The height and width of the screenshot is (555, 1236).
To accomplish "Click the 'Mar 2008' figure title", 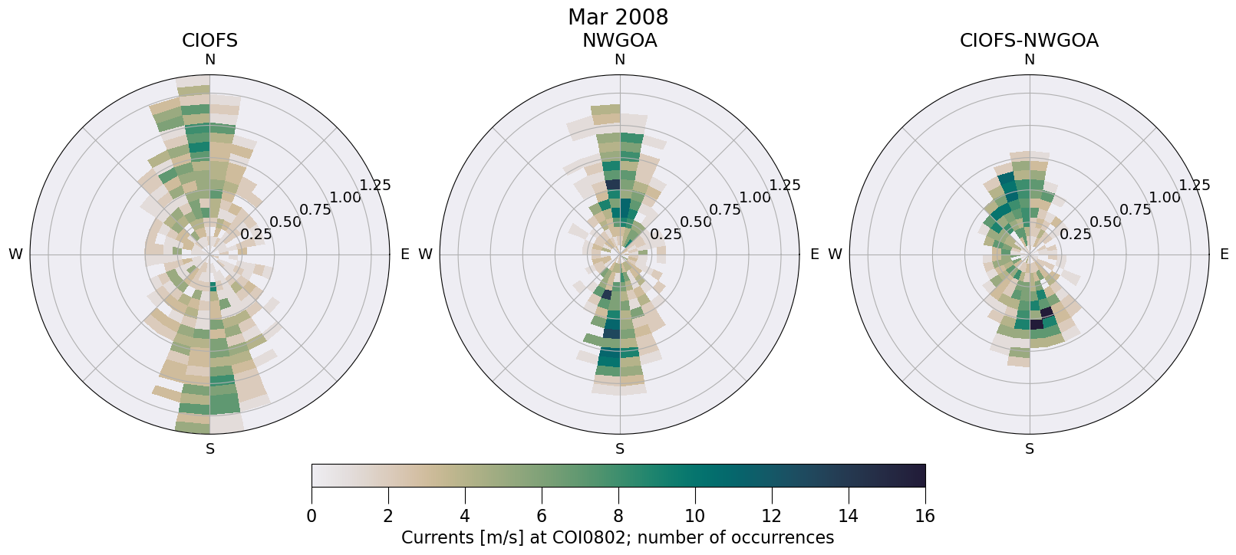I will coord(618,17).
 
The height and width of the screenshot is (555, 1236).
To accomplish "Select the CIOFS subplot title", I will coord(209,41).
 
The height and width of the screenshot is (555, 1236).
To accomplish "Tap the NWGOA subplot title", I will coord(619,41).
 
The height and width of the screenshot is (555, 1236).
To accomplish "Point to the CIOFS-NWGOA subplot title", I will coord(1029,41).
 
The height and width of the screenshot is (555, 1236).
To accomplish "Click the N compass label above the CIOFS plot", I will coord(209,60).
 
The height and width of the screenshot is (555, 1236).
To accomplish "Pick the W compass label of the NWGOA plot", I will coord(426,255).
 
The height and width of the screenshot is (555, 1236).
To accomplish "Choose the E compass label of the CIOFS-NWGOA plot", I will coord(1224,255).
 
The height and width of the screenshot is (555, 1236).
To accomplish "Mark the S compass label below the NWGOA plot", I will coord(619,449).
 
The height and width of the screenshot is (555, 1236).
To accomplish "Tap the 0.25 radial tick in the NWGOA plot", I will coord(665,235).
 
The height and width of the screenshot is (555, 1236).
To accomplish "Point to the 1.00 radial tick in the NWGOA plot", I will coord(755,197).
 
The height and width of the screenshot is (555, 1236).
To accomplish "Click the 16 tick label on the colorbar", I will coord(925,516).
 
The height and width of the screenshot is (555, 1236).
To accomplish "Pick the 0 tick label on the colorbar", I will coord(311,516).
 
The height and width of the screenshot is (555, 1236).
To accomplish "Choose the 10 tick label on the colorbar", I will coord(694,516).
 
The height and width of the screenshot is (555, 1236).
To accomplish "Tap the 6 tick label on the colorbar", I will coord(542,516).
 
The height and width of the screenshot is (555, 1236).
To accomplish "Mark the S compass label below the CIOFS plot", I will coord(209,449).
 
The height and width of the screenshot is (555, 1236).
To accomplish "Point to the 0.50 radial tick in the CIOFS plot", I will coord(285,222).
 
